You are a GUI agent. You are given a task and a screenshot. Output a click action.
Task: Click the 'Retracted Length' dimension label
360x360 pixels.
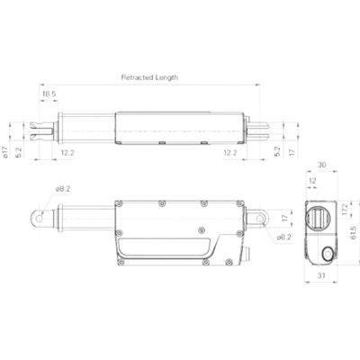[x=149, y=77]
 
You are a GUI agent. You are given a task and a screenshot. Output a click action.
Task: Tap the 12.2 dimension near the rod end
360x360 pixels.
[x=67, y=153]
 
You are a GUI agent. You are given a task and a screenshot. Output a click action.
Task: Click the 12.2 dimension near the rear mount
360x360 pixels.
[x=230, y=153]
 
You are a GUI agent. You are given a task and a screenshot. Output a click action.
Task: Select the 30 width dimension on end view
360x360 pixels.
[x=321, y=166]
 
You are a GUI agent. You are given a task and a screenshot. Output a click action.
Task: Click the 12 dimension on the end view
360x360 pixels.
[x=311, y=181]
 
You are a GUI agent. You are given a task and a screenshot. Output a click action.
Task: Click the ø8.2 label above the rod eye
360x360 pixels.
[x=62, y=190]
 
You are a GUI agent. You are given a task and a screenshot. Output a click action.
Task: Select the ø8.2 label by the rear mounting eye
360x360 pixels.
[x=283, y=237]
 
